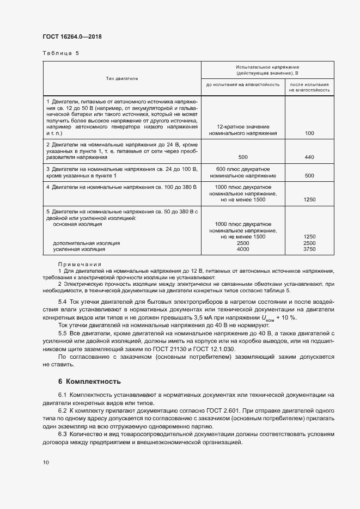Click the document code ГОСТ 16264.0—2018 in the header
click(x=72, y=37)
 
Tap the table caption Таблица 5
click(x=60, y=53)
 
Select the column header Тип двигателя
click(x=122, y=79)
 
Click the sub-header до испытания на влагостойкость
click(x=243, y=85)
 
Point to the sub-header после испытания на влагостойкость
click(x=309, y=87)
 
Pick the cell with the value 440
click(x=309, y=157)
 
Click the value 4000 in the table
click(x=243, y=249)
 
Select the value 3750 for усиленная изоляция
click(x=309, y=249)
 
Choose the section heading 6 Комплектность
click(x=89, y=381)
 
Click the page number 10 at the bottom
click(x=46, y=462)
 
